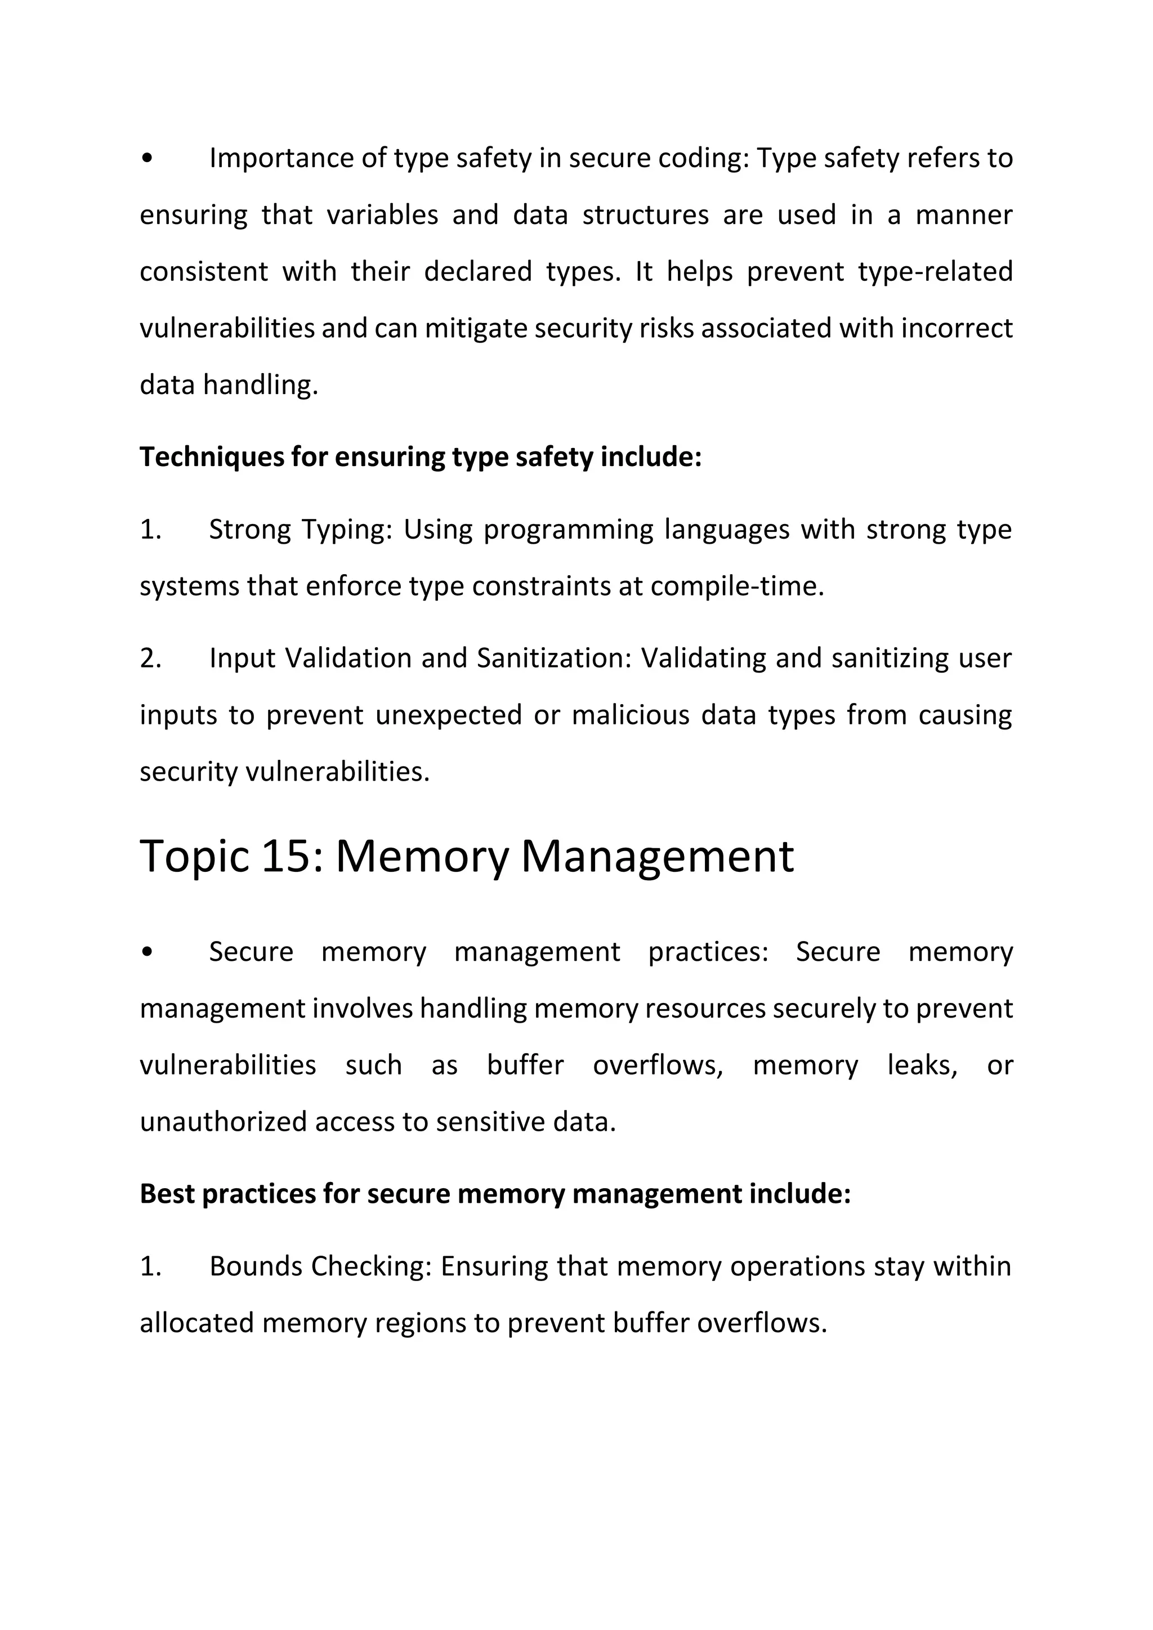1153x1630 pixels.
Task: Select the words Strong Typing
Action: pyautogui.click(x=300, y=530)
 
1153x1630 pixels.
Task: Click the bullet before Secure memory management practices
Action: pyautogui.click(x=147, y=952)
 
